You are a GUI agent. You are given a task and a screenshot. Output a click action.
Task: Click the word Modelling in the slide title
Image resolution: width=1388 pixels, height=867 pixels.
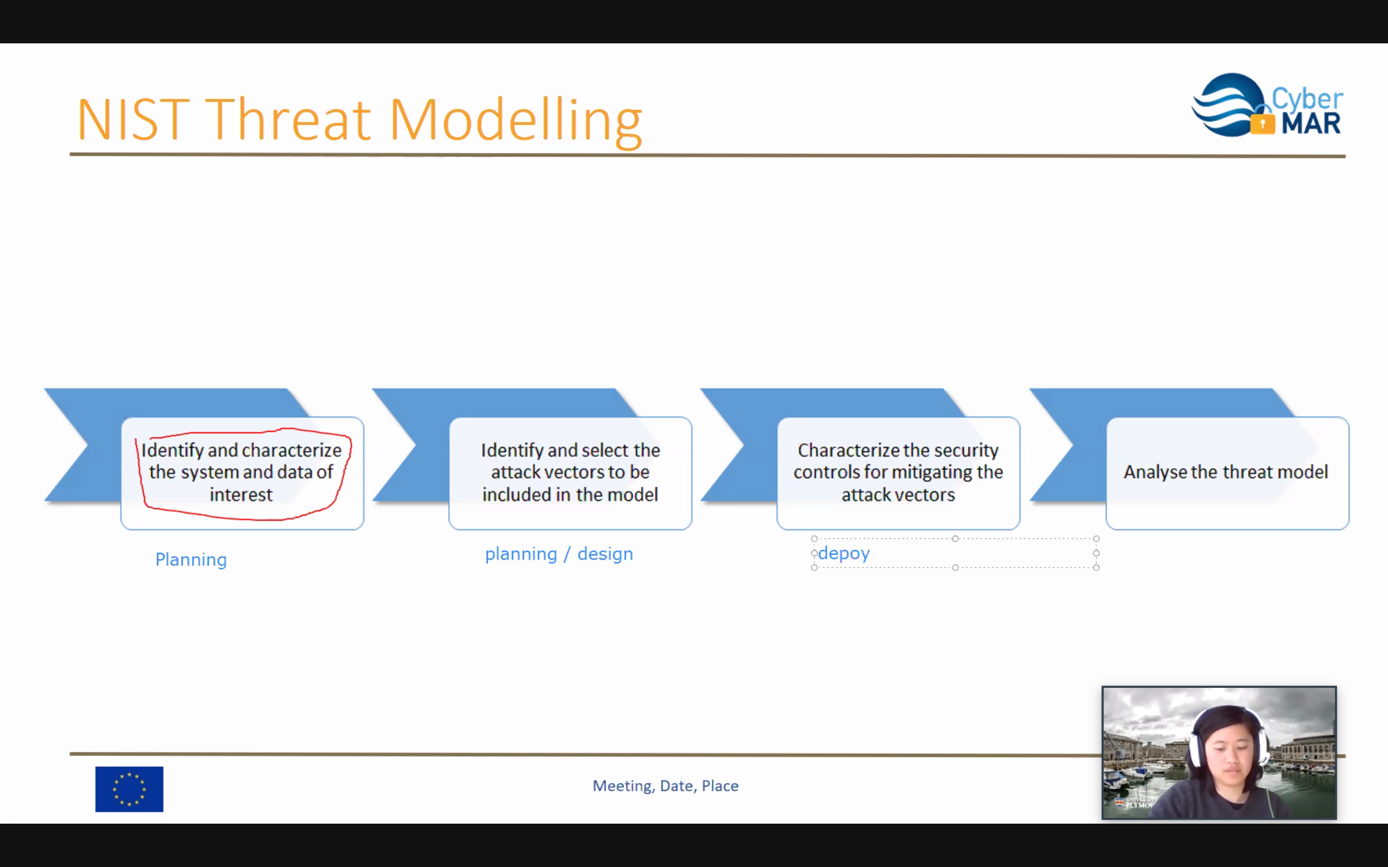click(516, 121)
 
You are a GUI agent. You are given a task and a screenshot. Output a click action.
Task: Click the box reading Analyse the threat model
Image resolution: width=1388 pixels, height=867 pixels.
click(1227, 473)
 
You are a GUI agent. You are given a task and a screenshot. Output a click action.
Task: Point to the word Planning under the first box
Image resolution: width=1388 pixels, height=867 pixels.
click(191, 560)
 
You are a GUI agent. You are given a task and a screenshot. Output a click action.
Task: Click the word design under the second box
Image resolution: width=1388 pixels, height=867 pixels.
click(605, 554)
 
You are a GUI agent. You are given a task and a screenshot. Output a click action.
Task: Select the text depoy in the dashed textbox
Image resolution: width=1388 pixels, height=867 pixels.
click(844, 554)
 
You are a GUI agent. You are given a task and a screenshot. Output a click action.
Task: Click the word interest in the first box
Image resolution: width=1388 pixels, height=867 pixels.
click(241, 494)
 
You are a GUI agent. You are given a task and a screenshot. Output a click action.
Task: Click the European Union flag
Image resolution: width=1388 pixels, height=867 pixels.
click(129, 789)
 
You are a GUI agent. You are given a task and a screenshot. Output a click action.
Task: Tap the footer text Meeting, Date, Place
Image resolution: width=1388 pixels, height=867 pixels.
click(665, 786)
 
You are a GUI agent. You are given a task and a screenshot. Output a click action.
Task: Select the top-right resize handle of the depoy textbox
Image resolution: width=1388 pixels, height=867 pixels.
click(1096, 539)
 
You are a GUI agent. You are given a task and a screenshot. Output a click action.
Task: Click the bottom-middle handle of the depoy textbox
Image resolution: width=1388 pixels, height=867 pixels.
click(955, 568)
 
